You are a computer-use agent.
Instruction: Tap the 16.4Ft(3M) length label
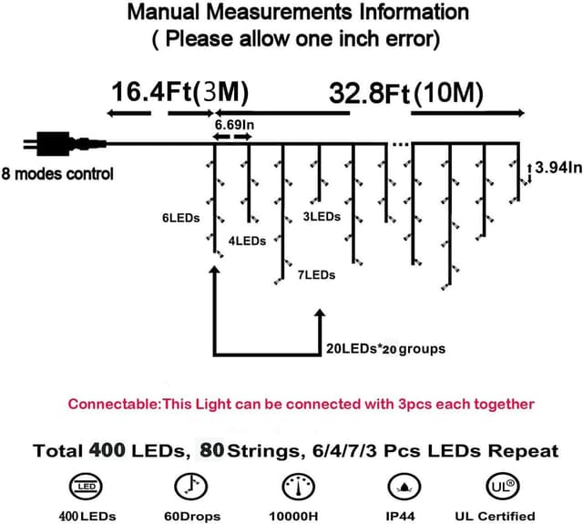[179, 94]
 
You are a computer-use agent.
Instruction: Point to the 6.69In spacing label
[233, 123]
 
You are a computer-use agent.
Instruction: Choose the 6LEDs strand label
[180, 219]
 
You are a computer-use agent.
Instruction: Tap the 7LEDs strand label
[315, 274]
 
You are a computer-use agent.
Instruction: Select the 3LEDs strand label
[322, 217]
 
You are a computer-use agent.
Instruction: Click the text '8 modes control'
[57, 174]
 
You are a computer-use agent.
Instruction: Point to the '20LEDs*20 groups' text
[385, 348]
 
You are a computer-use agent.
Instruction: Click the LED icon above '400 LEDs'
[87, 486]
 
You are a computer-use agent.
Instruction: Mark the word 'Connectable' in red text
[114, 404]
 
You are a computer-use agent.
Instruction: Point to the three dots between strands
[401, 144]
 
